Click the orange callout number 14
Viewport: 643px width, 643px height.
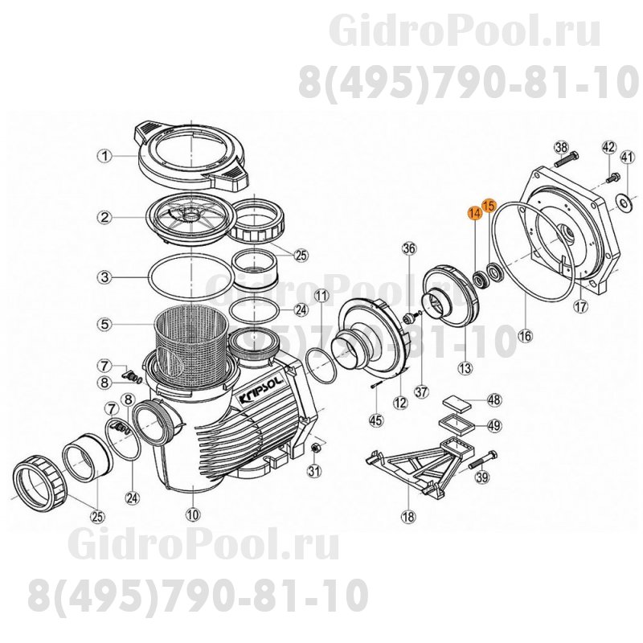(x=474, y=214)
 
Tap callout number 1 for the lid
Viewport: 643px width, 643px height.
(x=104, y=156)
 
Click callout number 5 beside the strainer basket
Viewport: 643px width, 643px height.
(x=104, y=325)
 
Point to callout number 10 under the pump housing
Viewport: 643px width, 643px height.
(x=191, y=514)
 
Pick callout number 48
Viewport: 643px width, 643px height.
(x=494, y=399)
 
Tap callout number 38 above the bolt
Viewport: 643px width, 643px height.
(x=561, y=147)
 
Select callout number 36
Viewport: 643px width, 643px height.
(x=408, y=248)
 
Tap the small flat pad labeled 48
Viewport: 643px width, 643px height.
(x=455, y=399)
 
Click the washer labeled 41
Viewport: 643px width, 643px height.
(x=623, y=200)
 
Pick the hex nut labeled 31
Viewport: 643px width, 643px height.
(x=316, y=447)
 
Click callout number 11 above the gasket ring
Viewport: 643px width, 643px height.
(x=321, y=297)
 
